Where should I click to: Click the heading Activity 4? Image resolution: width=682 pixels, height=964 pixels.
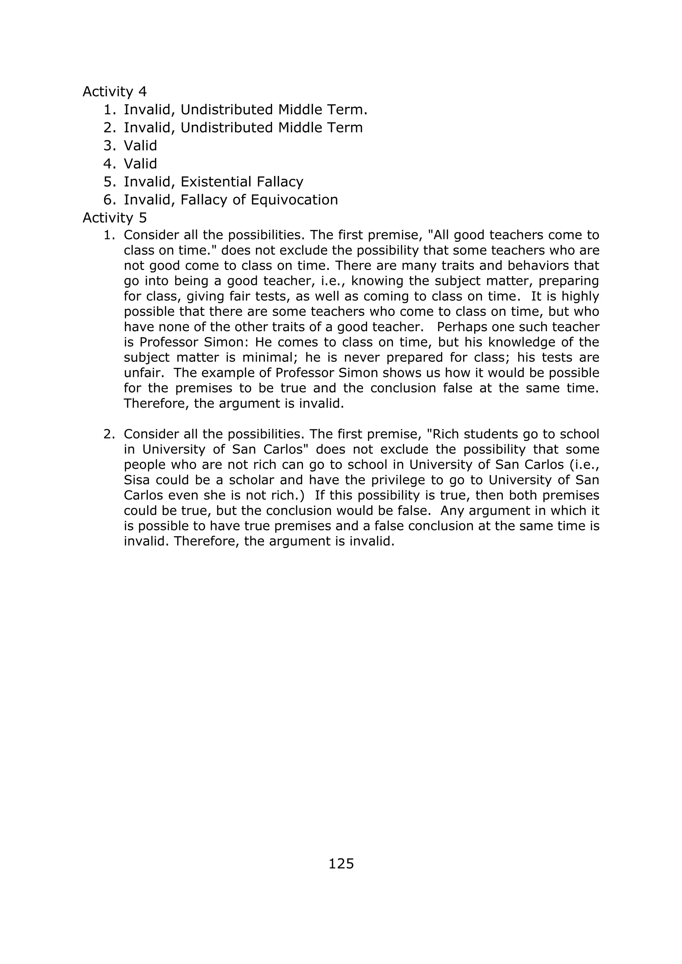pyautogui.click(x=115, y=92)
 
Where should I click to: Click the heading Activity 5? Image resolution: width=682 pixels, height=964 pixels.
pyautogui.click(x=115, y=217)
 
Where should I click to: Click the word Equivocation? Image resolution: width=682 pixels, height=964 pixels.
pyautogui.click(x=294, y=200)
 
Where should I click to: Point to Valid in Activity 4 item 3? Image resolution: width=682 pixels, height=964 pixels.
pyautogui.click(x=140, y=146)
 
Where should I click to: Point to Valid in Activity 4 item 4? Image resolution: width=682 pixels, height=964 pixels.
pyautogui.click(x=140, y=164)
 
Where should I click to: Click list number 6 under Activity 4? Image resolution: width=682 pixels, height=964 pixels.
pyautogui.click(x=109, y=200)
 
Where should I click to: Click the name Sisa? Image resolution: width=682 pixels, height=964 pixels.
pyautogui.click(x=137, y=480)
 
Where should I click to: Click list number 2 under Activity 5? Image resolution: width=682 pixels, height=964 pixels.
pyautogui.click(x=109, y=434)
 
